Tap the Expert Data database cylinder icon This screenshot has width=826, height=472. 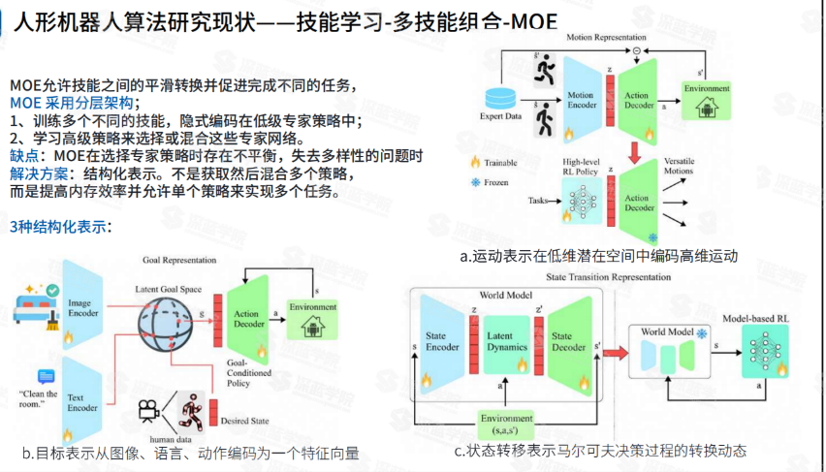point(500,98)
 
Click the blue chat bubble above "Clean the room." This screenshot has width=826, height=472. point(46,375)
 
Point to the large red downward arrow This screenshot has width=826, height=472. point(633,151)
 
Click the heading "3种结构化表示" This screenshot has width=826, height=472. point(60,227)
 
